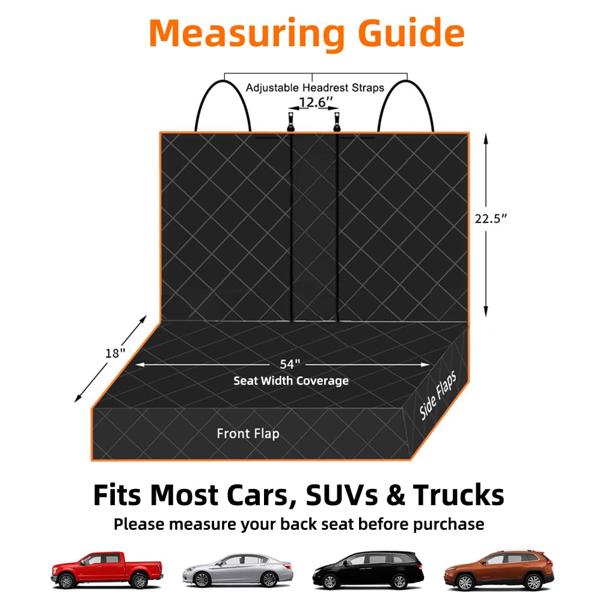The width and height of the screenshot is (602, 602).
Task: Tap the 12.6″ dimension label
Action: pyautogui.click(x=315, y=102)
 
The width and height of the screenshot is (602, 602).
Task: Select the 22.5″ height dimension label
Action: pyautogui.click(x=491, y=218)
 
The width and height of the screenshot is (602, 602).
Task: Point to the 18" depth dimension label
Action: pyautogui.click(x=115, y=353)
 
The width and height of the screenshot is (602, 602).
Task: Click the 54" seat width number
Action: pyautogui.click(x=290, y=364)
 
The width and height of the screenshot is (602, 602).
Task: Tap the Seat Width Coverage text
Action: pyautogui.click(x=291, y=381)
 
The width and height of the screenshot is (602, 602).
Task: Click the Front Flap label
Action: pyautogui.click(x=248, y=434)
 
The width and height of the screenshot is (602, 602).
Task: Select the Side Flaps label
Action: pyautogui.click(x=438, y=396)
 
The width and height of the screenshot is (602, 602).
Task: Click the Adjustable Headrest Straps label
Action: pyautogui.click(x=315, y=88)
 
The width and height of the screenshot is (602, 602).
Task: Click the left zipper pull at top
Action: pyautogui.click(x=290, y=121)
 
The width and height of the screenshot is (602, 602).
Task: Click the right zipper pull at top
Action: pyautogui.click(x=337, y=121)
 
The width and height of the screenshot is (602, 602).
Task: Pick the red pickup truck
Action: pyautogui.click(x=107, y=570)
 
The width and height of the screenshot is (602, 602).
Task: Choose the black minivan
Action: pyautogui.click(x=368, y=571)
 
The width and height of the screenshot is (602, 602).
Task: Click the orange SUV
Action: pyautogui.click(x=499, y=570)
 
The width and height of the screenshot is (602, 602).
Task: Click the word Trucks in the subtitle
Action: pyautogui.click(x=459, y=495)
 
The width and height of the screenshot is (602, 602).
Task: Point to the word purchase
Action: pyautogui.click(x=449, y=525)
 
